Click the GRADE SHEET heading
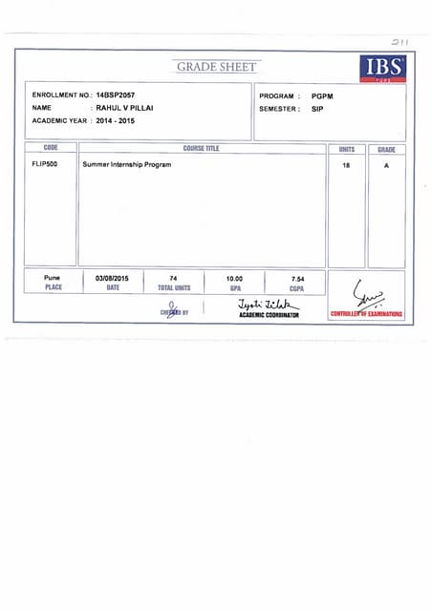pyautogui.click(x=217, y=67)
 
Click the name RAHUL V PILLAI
pyautogui.click(x=123, y=109)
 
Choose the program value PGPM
pyautogui.click(x=322, y=96)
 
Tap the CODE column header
pyautogui.click(x=51, y=149)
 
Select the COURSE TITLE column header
pyautogui.click(x=201, y=149)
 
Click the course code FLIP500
pyautogui.click(x=45, y=164)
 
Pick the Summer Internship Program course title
pyautogui.click(x=127, y=165)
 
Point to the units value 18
pyautogui.click(x=346, y=165)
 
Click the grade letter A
pyautogui.click(x=386, y=165)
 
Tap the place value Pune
pyautogui.click(x=52, y=278)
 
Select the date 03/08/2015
pyautogui.click(x=113, y=278)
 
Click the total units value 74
pyautogui.click(x=173, y=278)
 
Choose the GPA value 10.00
pyautogui.click(x=234, y=278)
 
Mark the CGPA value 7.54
pyautogui.click(x=297, y=278)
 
